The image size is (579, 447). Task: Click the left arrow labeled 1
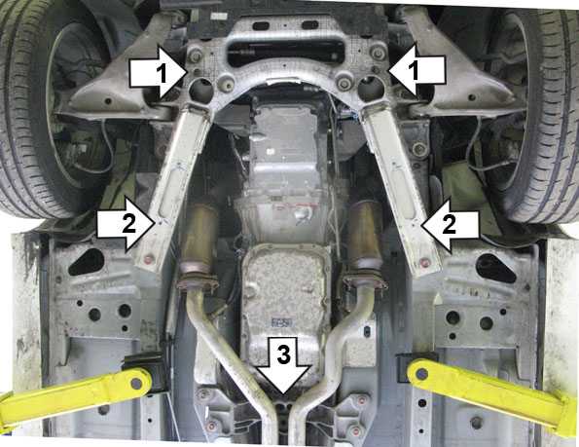coord(157,71)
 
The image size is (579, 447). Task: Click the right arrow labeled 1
coord(416,71)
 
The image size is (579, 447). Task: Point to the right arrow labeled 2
coord(450,225)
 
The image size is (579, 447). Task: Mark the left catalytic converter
coord(199,237)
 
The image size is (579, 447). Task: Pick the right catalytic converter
coord(366,235)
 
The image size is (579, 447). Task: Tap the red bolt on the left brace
coord(149,259)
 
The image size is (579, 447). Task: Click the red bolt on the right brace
coord(425,264)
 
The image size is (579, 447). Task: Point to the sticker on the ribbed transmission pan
coord(280,322)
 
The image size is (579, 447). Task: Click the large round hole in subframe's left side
coord(201,90)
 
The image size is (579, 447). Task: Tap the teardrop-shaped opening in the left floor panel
coord(87,262)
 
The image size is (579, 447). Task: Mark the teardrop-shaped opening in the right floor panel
coord(495,266)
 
